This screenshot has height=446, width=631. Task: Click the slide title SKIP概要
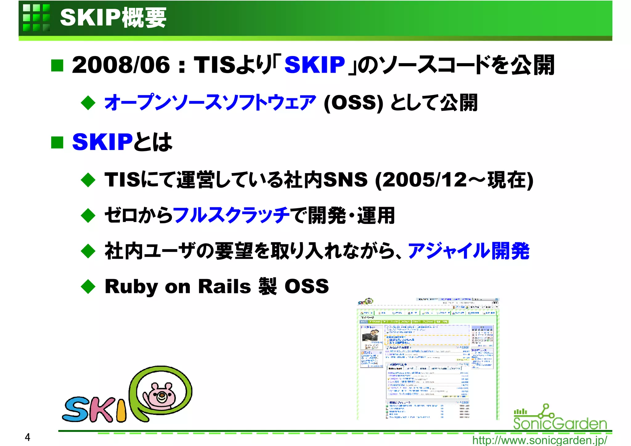pyautogui.click(x=113, y=18)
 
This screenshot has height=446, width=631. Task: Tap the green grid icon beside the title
pyautogui.click(x=36, y=18)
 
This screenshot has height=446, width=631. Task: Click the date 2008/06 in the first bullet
pyautogui.click(x=121, y=65)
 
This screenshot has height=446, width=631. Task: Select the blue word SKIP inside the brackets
pyautogui.click(x=315, y=65)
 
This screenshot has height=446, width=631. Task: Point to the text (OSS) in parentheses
pyautogui.click(x=353, y=103)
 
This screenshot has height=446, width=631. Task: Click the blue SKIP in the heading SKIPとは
pyautogui.click(x=102, y=142)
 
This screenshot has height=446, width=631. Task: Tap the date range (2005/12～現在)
pyautogui.click(x=454, y=180)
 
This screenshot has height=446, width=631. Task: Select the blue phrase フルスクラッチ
pyautogui.click(x=231, y=215)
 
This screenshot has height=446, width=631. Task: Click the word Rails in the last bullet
pyautogui.click(x=224, y=286)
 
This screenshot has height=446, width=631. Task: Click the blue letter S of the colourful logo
pyautogui.click(x=76, y=409)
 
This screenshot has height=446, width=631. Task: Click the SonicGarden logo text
pyautogui.click(x=560, y=423)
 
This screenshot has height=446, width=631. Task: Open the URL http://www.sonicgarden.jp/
pyautogui.click(x=539, y=440)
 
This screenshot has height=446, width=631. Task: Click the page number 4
pyautogui.click(x=27, y=437)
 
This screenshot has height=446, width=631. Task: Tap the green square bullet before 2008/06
pyautogui.click(x=57, y=65)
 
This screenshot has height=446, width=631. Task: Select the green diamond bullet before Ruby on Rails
pyautogui.click(x=88, y=286)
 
